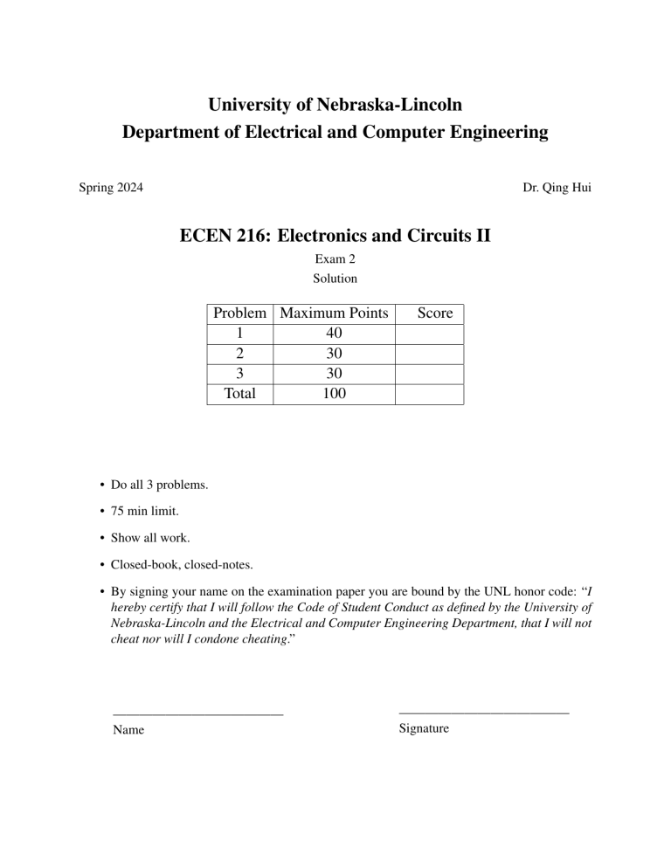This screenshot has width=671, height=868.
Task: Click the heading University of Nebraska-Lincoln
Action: point(335,106)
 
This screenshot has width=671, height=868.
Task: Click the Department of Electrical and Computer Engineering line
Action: point(335,133)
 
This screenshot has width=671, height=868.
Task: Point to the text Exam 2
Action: point(335,259)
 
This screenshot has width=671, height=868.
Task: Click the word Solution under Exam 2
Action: point(335,279)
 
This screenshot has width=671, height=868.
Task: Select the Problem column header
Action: point(240,313)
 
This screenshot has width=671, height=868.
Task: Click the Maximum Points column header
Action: point(334,313)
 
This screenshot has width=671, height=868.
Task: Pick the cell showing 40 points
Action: point(334,333)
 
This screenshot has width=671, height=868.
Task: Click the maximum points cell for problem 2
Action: point(334,353)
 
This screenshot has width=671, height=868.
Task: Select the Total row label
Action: point(240,393)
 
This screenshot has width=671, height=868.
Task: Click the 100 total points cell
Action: point(334,393)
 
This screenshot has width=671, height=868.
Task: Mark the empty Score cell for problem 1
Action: point(429,333)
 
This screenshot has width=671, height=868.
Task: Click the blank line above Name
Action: point(198,713)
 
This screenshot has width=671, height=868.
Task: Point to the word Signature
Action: point(424,727)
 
